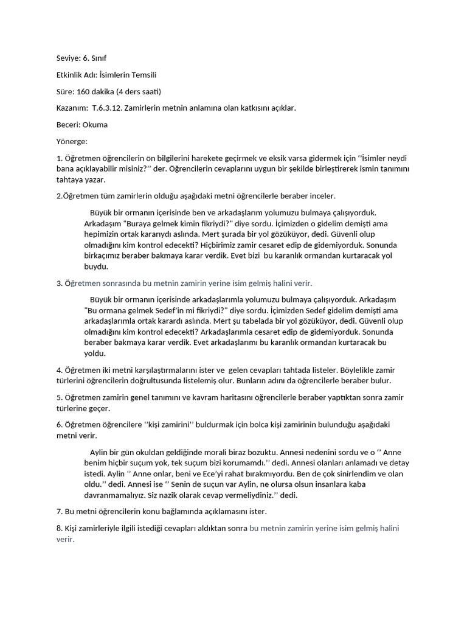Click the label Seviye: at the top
pos(67,60)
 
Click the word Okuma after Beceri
pos(95,125)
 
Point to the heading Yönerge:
pos(72,141)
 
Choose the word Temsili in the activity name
pos(150,76)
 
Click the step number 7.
pos(59,512)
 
